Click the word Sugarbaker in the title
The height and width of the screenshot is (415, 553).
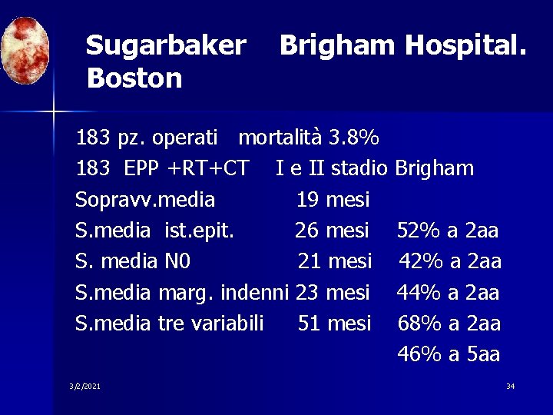pos(166,46)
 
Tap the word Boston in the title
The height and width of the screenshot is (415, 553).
pos(134,78)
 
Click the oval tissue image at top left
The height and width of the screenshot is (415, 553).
pos(25,51)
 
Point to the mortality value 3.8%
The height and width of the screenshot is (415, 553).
pos(353,138)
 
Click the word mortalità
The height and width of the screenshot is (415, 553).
pos(280,138)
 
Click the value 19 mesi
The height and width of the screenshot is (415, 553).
pos(333,200)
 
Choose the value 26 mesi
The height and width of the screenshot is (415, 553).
pos(332,231)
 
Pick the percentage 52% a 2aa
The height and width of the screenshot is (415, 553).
pos(448,231)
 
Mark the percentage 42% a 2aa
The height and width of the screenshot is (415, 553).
pos(449,261)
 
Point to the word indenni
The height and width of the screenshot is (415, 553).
pos(254,293)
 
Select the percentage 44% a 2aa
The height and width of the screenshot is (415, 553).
pos(448,293)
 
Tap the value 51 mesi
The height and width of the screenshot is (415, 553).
pos(334,324)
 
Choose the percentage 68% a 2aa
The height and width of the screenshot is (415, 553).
pos(449,324)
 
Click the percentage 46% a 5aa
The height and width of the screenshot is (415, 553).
pos(449,354)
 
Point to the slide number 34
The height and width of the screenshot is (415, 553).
pos(510,386)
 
